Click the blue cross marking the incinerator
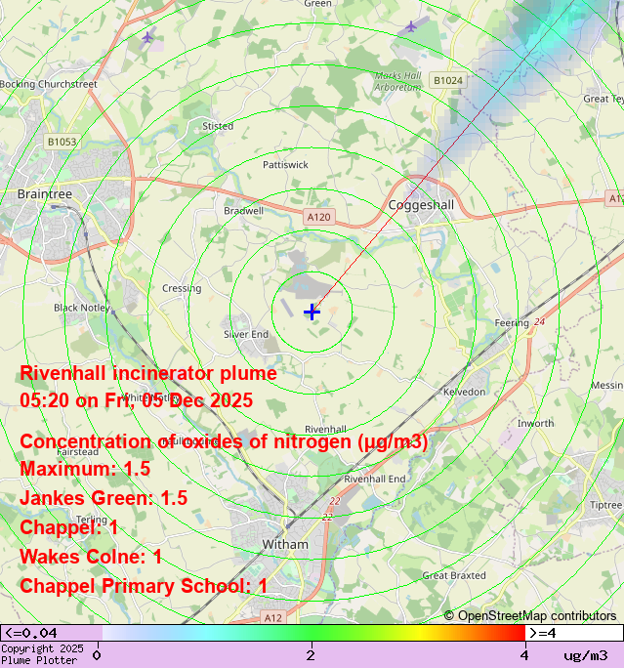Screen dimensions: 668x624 tap(312, 312)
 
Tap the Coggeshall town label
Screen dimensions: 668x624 tap(422, 205)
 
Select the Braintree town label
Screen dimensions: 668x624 tap(45, 194)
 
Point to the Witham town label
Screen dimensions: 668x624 tap(285, 544)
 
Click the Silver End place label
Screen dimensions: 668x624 tap(246, 334)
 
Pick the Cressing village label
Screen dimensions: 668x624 tap(182, 288)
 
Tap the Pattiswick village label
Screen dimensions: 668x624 tap(285, 165)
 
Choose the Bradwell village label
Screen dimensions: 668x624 tap(243, 210)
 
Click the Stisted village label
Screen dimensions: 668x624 tap(218, 126)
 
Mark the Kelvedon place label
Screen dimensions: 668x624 tap(464, 391)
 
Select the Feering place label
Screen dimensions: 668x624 tap(512, 322)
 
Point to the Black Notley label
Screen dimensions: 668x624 tap(79, 308)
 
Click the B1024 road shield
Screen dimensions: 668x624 tap(448, 80)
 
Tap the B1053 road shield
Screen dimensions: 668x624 tap(62, 142)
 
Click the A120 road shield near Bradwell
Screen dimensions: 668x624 tap(318, 216)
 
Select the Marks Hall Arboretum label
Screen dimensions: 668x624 tap(398, 81)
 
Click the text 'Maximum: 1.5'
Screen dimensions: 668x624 tap(85, 469)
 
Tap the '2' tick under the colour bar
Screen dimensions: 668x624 tap(311, 654)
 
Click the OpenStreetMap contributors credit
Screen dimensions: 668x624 tap(530, 615)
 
